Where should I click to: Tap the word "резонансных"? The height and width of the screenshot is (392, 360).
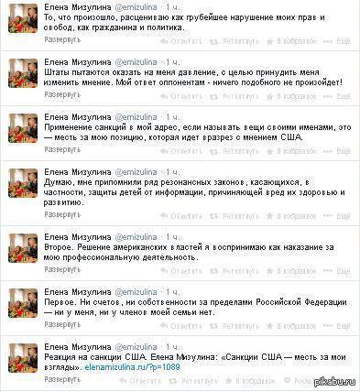pyautogui.click(x=176, y=187)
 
